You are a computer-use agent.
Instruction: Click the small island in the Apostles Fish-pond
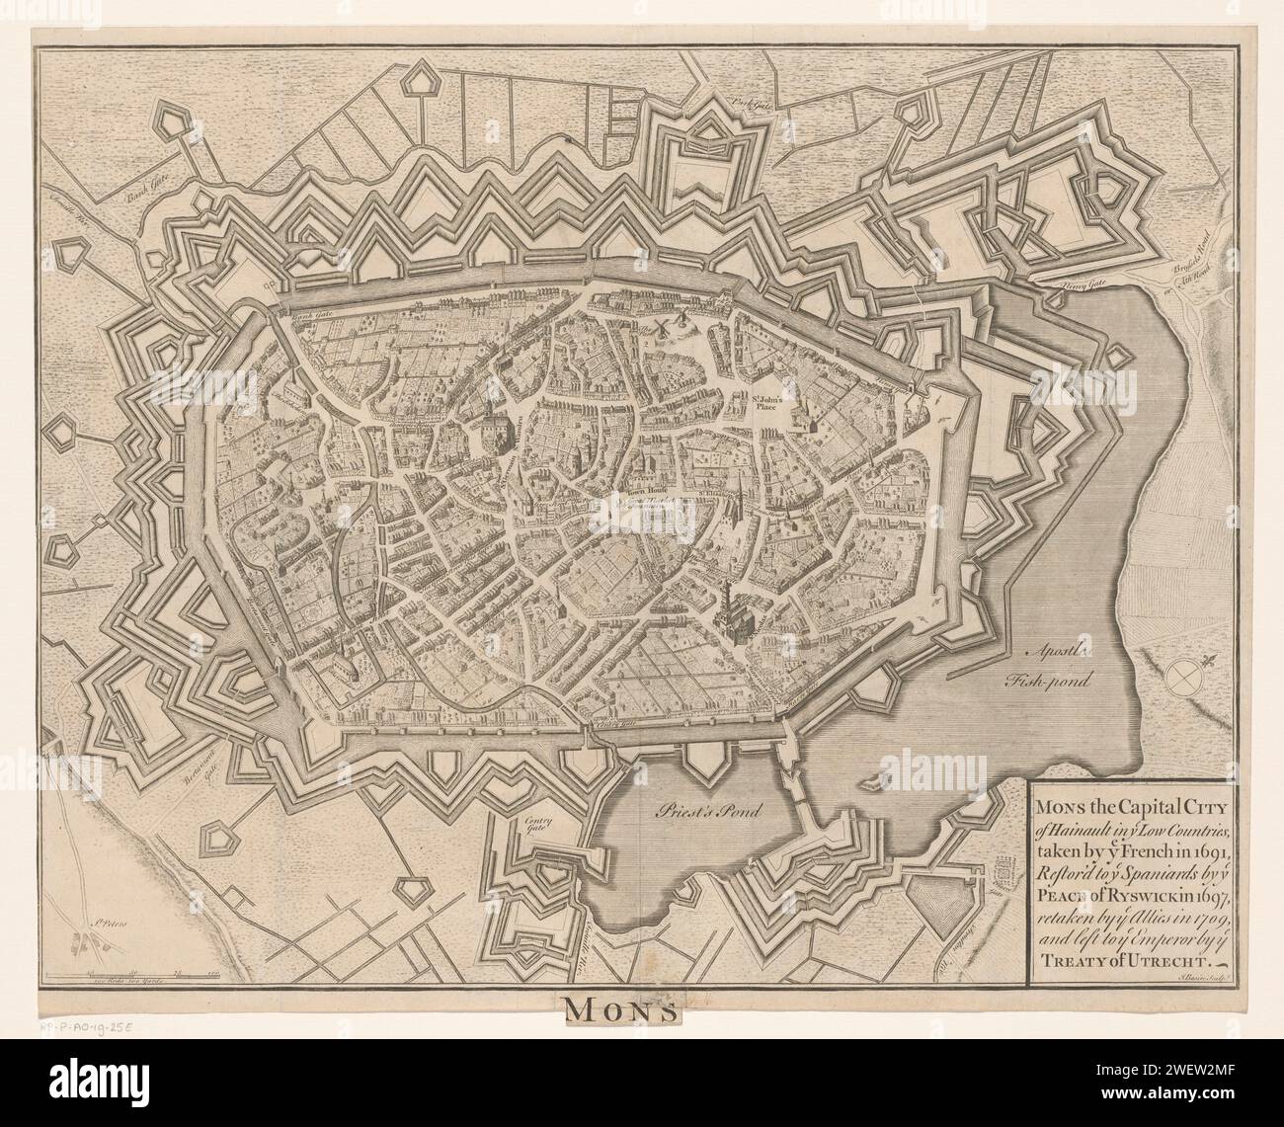point(872,783)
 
